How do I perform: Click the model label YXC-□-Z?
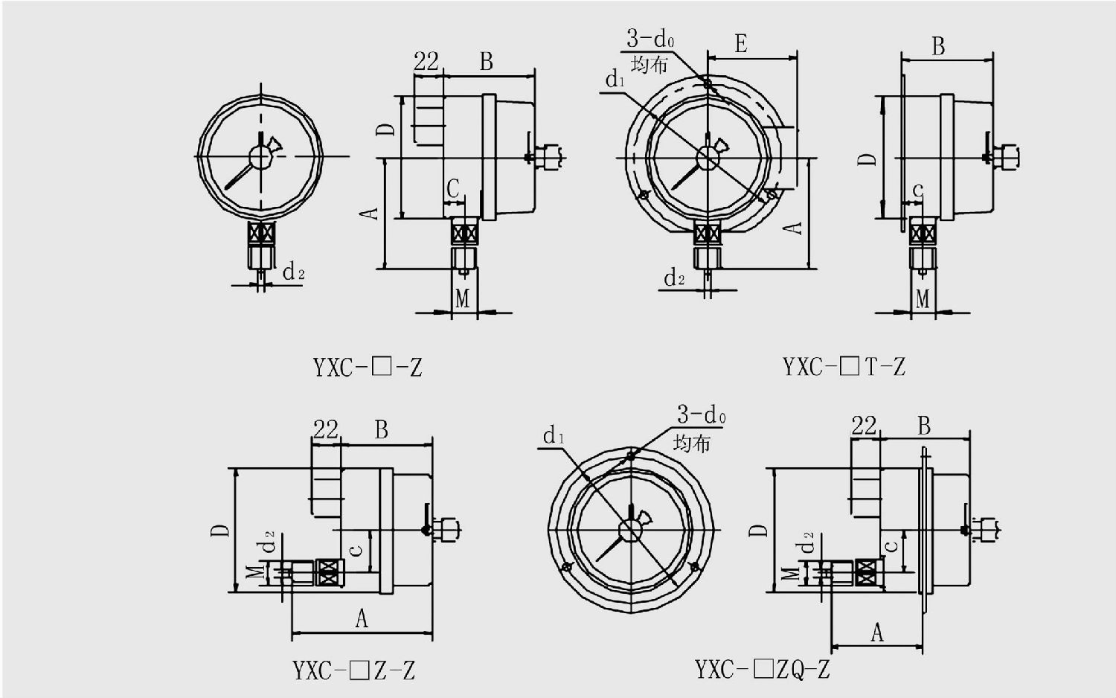coord(367,367)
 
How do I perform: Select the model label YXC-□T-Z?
coord(844,366)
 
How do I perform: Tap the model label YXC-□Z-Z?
coord(353,670)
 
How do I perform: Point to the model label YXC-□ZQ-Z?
coord(762,669)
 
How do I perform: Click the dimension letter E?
coord(741,44)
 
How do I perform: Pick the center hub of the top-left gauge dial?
coord(260,156)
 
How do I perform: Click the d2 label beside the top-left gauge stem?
coord(293,272)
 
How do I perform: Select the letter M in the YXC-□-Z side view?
coord(462,298)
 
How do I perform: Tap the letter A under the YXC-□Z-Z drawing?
coord(362,618)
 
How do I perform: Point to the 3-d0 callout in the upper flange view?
coord(650,38)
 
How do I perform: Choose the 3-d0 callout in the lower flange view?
coord(701,414)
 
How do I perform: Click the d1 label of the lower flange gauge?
coord(554,435)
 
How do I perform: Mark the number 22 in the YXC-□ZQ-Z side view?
coord(864,426)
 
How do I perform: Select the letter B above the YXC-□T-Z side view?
coord(938,47)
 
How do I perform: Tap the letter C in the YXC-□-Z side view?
coord(453,188)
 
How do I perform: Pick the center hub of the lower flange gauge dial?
coord(630,531)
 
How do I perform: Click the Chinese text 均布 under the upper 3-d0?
coord(650,65)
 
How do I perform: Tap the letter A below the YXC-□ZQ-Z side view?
coord(877,633)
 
